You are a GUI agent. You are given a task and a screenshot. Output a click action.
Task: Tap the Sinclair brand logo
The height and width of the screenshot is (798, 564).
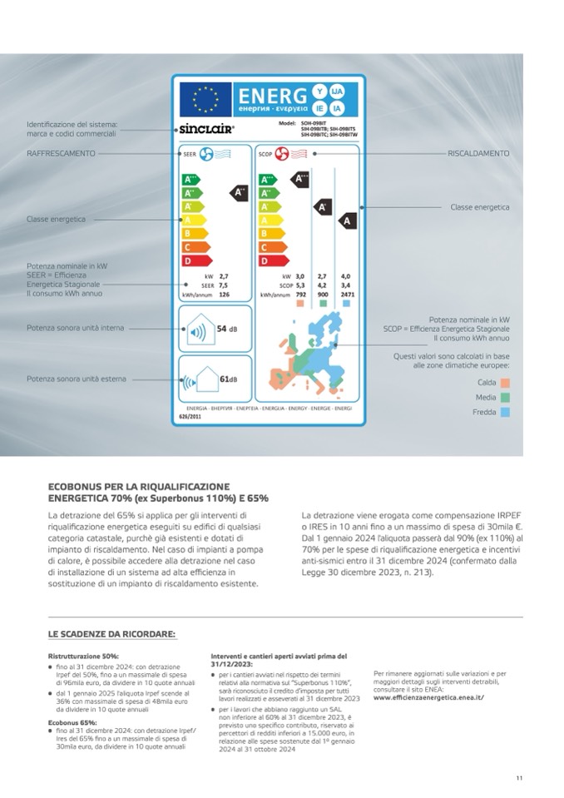click(x=206, y=129)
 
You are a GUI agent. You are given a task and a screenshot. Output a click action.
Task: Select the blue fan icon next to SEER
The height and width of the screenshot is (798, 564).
click(x=205, y=154)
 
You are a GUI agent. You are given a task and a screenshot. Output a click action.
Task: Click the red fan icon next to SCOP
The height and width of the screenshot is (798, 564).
click(x=281, y=154)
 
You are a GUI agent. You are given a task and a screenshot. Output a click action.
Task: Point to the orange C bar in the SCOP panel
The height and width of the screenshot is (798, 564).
click(x=270, y=247)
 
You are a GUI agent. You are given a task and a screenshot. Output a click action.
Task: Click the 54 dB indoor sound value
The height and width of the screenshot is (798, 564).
click(x=226, y=330)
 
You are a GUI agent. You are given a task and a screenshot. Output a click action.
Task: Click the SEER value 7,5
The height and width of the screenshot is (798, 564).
click(x=223, y=285)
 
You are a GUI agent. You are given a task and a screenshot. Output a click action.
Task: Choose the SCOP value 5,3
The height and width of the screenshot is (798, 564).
click(x=300, y=285)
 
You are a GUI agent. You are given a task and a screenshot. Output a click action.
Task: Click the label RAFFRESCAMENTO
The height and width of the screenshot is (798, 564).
click(x=61, y=153)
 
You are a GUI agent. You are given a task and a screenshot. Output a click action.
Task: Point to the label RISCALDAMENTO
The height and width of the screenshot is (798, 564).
click(x=478, y=153)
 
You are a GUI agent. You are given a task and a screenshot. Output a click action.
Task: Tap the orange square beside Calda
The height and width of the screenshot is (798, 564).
click(x=505, y=383)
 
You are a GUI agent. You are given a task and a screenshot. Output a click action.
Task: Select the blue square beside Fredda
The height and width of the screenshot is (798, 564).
click(x=505, y=412)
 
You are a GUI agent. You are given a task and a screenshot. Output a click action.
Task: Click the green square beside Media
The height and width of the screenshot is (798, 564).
click(x=505, y=398)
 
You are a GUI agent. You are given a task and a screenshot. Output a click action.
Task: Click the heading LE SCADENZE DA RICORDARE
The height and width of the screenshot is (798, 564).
click(x=111, y=634)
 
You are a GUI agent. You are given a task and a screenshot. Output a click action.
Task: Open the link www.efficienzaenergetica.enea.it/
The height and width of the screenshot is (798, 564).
click(x=428, y=697)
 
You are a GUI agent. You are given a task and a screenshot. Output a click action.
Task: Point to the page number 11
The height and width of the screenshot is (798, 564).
click(x=518, y=778)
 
